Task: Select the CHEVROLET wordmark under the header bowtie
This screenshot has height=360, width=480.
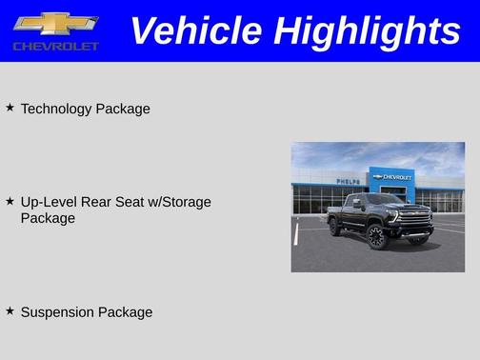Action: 55,47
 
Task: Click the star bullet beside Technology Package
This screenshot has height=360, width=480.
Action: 10,108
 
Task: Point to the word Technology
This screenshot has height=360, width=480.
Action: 56,109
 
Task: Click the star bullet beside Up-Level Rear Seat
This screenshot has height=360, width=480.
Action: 10,201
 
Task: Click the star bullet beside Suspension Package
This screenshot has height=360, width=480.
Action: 10,310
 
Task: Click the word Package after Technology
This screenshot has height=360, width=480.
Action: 124,109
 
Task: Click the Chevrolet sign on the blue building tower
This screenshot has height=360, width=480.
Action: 392,177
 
